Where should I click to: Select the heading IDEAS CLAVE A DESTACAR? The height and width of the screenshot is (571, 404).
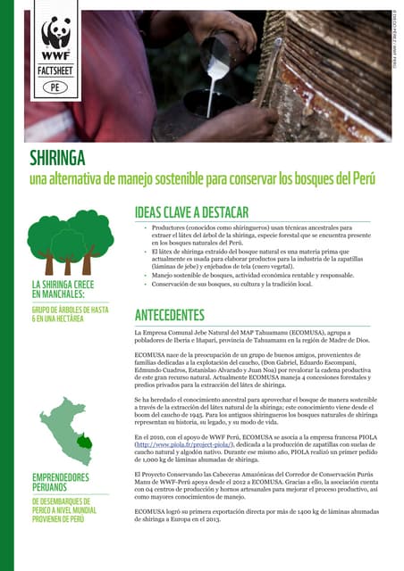tap(191, 213)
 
